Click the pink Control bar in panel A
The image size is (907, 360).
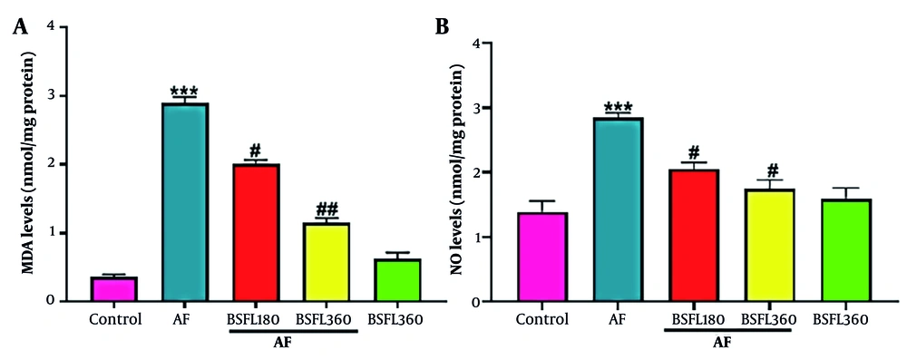tap(115, 290)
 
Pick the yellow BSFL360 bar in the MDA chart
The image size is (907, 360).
tap(326, 262)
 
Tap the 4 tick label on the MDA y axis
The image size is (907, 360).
tap(61, 27)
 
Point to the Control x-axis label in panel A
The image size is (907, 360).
tap(115, 319)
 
